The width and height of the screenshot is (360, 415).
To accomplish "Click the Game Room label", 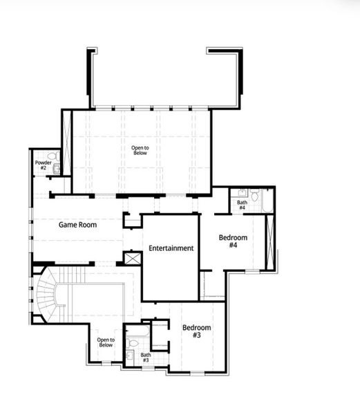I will point(77,225).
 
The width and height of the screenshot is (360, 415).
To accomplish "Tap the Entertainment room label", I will point(171,248).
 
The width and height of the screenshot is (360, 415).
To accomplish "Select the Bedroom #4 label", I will point(233,241).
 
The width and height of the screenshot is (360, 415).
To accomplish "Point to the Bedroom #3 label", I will point(196,331).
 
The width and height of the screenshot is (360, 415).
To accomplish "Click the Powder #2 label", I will point(42,165).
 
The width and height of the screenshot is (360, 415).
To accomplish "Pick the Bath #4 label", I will point(242,205).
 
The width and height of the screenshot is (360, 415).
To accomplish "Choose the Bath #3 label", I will point(145,358).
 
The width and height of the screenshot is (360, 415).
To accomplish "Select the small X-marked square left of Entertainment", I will point(132,258).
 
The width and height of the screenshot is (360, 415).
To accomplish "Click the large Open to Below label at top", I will point(140,149).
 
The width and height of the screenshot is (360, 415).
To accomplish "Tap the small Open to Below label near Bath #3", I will point(105,342).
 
